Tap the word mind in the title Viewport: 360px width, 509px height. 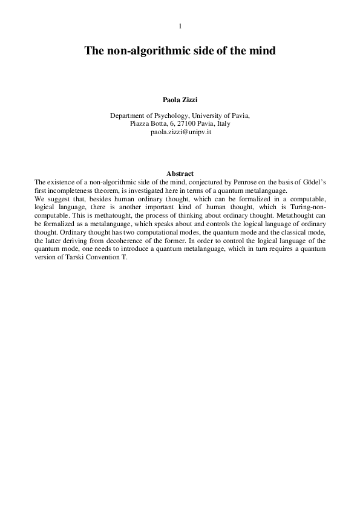(x=263, y=52)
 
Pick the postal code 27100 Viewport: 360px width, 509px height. (x=187, y=123)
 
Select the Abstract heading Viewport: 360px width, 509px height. (x=180, y=174)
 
